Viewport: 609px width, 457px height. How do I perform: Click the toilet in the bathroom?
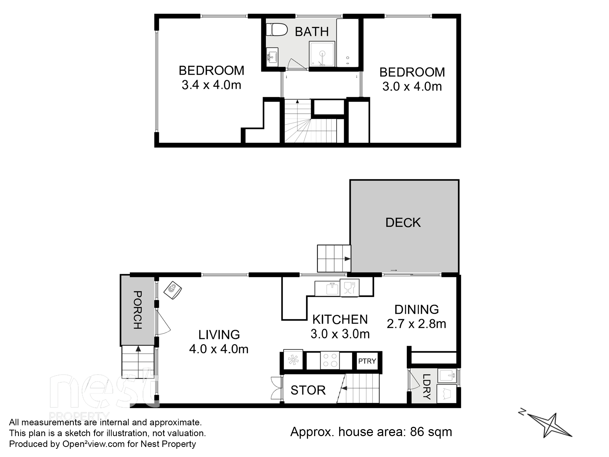point(277,30)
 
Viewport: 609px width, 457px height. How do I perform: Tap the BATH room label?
point(312,32)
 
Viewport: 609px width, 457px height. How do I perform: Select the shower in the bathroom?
point(322,54)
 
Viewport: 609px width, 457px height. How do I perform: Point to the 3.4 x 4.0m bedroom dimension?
point(211,85)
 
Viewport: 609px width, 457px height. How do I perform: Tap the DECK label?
point(403,223)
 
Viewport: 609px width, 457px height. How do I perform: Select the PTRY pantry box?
point(367,361)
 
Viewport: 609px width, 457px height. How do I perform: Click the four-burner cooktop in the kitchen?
point(330,360)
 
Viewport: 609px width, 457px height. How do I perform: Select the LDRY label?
point(426,387)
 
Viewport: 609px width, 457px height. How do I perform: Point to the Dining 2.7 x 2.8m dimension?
point(416,324)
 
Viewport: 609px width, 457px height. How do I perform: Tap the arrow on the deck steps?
point(348,259)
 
